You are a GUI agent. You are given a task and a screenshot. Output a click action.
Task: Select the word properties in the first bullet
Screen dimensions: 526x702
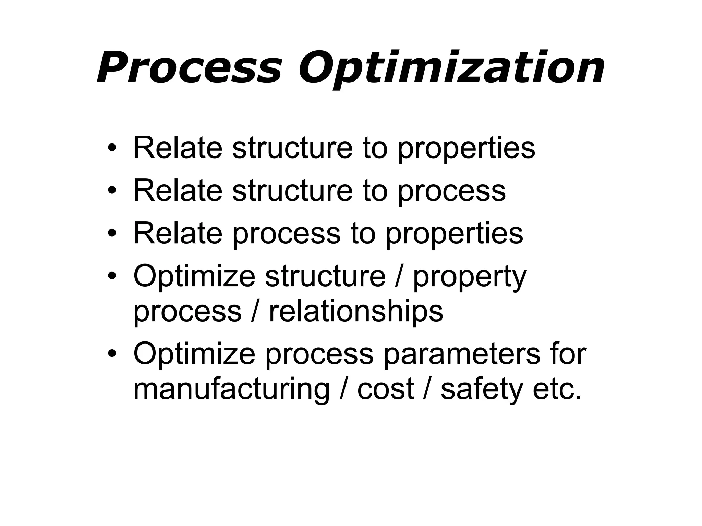coord(466,149)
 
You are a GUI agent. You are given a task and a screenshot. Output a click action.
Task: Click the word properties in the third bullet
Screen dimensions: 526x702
coord(454,234)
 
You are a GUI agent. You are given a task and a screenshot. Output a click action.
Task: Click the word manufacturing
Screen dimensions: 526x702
coord(231,390)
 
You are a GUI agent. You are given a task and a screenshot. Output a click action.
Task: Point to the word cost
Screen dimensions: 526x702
coord(385,389)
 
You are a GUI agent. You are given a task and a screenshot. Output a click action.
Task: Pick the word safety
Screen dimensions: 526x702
coord(482,390)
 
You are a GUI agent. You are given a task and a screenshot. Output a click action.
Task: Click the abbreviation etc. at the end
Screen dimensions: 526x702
coord(557,389)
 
